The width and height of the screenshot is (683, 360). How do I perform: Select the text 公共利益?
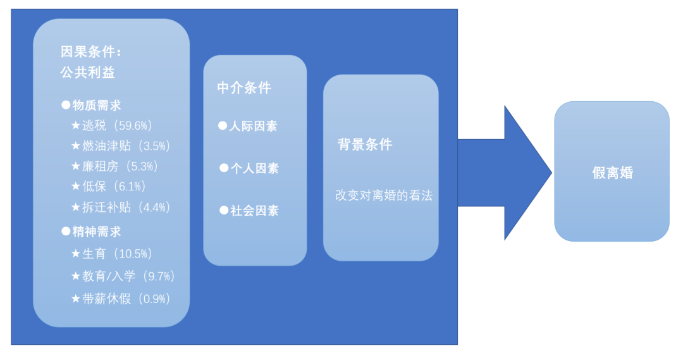(88, 73)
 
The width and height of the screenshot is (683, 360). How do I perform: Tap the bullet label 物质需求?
(97, 105)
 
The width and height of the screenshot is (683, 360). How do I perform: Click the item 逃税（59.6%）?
(118, 125)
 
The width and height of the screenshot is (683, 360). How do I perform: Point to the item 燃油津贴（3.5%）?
(126, 146)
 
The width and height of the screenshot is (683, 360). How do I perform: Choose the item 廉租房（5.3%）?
(120, 166)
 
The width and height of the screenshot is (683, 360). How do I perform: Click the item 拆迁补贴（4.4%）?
(126, 208)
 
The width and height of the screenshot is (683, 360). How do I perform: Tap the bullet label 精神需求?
(97, 232)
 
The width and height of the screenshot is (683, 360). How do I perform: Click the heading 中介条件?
(244, 88)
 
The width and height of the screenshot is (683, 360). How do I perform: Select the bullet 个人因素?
(254, 169)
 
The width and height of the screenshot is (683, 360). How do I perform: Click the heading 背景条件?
(365, 144)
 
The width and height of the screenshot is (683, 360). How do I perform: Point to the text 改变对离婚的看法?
(384, 196)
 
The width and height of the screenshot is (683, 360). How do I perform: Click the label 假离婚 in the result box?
(612, 173)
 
